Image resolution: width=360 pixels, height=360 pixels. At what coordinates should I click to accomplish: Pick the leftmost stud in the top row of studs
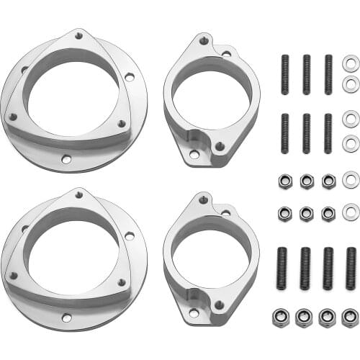click(284, 74)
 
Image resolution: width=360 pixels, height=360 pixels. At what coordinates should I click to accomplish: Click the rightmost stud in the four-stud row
click(351, 269)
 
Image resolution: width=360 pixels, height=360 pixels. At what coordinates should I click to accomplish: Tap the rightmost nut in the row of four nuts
click(351, 317)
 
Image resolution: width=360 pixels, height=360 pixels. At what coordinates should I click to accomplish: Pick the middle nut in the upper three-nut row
click(307, 180)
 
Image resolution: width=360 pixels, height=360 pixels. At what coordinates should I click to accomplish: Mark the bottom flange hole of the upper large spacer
click(66, 159)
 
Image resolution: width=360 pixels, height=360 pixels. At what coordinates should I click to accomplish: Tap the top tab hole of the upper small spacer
click(203, 40)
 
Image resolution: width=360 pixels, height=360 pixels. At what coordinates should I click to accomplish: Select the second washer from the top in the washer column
click(351, 85)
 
